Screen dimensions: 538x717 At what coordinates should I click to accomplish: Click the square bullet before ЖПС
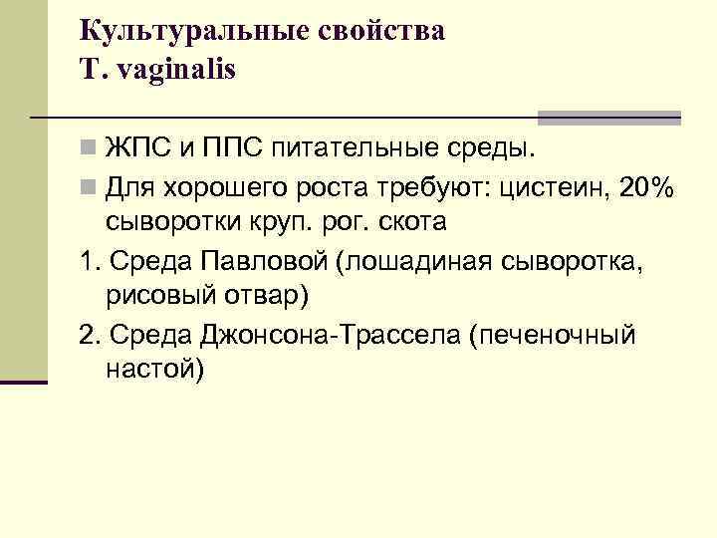(90, 150)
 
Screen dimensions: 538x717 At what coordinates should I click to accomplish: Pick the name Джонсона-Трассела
(333, 334)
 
